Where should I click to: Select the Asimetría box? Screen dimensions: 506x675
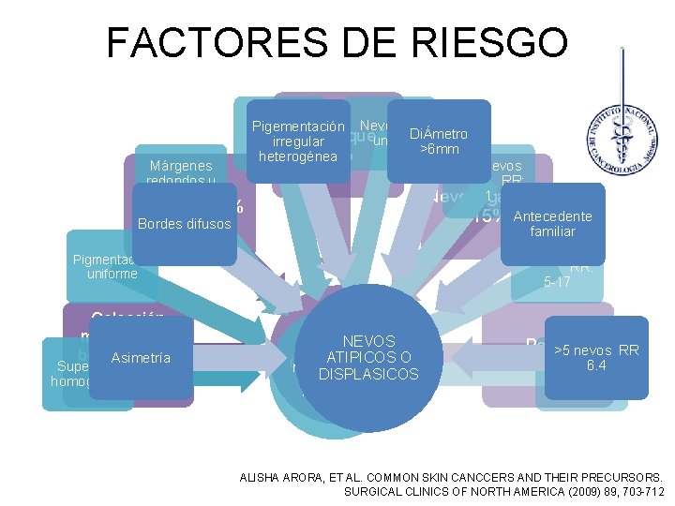coord(141,358)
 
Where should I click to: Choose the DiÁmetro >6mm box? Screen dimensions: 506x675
coord(439,141)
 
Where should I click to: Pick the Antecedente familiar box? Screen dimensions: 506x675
coord(553,224)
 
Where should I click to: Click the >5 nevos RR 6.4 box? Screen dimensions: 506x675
coord(596,358)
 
